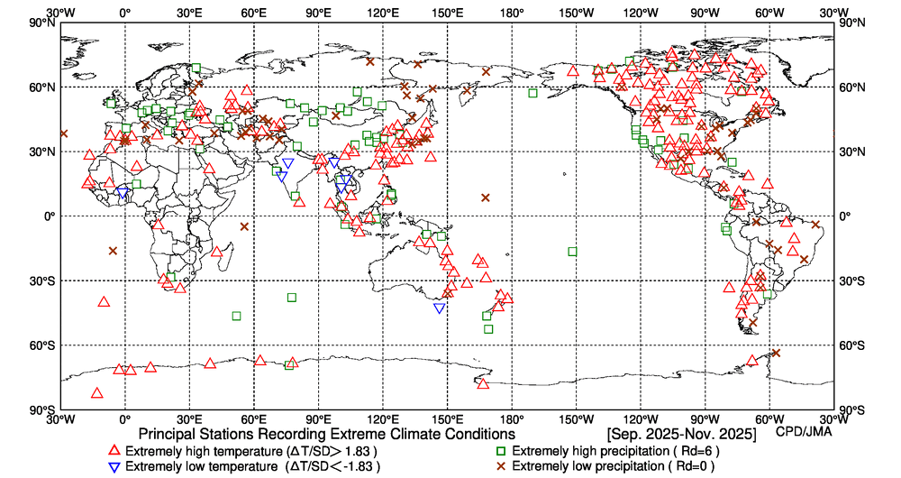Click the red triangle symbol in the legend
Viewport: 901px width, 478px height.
point(114,450)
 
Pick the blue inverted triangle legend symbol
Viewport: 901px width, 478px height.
point(114,467)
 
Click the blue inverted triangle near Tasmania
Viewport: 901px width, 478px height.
point(439,308)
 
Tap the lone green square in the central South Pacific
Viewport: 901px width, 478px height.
point(573,252)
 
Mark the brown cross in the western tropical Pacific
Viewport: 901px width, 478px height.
point(486,198)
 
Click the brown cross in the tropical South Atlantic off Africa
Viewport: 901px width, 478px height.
point(113,251)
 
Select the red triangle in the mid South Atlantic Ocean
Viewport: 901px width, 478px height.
point(104,301)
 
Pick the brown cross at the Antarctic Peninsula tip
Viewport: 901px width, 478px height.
point(776,353)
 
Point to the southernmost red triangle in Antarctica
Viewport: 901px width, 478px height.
point(97,392)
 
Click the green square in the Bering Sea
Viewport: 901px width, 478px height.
point(532,93)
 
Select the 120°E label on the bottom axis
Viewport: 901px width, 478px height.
point(382,418)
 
